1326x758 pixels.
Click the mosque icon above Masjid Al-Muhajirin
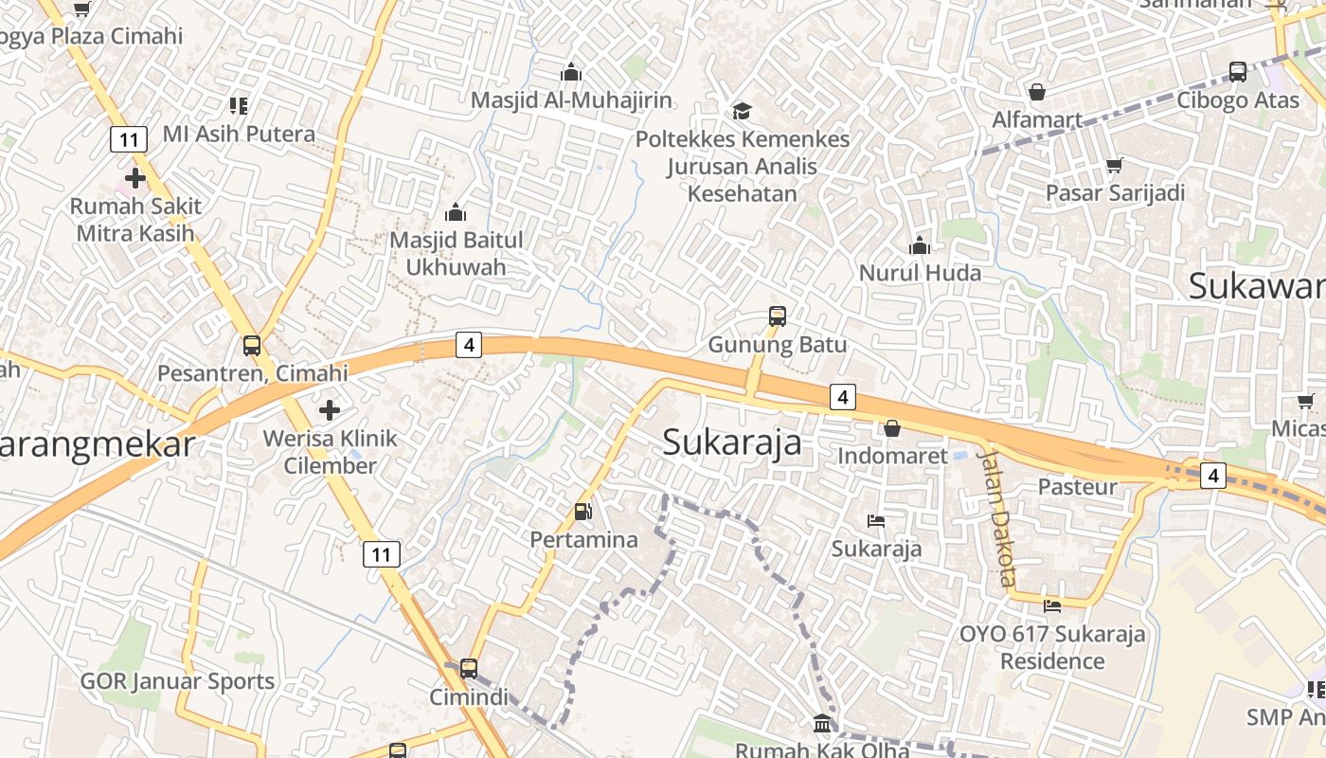pos(570,72)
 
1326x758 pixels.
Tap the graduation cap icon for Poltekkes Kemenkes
pos(742,111)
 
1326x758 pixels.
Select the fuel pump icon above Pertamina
pos(583,512)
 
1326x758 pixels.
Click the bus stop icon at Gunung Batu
pos(778,316)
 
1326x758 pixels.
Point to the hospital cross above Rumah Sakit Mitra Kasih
pos(134,177)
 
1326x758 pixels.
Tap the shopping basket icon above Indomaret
pos(891,428)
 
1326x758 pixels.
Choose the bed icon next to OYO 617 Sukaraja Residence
pos(1051,605)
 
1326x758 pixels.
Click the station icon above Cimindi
pos(468,668)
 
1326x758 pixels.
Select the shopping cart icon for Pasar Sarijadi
pos(1115,165)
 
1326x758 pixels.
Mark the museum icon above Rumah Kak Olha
pos(822,724)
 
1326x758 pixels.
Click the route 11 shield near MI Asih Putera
pos(129,140)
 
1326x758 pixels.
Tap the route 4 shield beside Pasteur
pos(1213,475)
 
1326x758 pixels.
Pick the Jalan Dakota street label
pos(997,516)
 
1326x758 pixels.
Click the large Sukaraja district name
pos(731,442)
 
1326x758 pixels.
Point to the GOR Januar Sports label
pos(177,681)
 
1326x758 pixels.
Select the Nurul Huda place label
pos(919,273)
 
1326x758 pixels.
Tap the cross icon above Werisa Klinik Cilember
pos(330,410)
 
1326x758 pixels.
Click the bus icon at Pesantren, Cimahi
pos(252,346)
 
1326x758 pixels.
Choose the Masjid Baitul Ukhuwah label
pos(456,254)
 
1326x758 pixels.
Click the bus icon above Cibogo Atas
pos(1237,72)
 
